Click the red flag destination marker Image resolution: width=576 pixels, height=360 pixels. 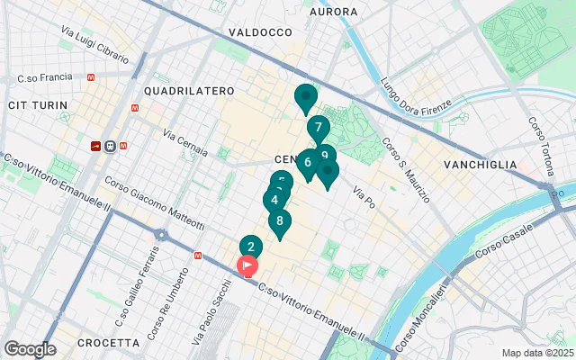(247, 265)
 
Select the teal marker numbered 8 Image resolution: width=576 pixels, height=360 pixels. (280, 220)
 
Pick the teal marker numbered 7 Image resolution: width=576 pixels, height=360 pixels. (318, 128)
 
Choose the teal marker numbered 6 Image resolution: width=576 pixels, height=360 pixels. (308, 162)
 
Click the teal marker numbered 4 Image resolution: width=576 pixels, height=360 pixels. (274, 201)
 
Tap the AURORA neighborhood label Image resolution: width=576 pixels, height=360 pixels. (333, 12)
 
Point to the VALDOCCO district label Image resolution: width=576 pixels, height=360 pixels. (261, 31)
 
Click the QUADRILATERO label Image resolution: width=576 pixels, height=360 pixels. (188, 91)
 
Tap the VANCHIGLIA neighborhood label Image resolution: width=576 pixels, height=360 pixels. (481, 165)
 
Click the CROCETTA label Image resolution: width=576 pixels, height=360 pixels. (108, 343)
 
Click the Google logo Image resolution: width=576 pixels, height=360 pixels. (30, 348)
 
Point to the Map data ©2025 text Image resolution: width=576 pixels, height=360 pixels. (537, 353)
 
